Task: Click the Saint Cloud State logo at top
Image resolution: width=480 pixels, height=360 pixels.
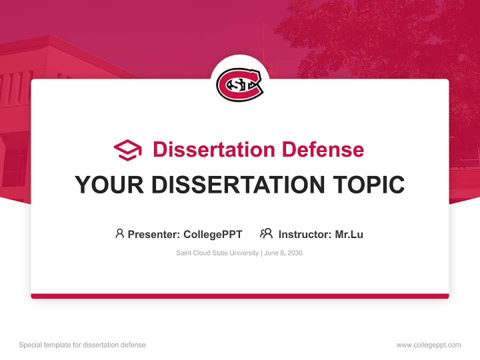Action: pos(239,84)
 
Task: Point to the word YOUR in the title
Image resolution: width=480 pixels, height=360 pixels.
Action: pos(108,184)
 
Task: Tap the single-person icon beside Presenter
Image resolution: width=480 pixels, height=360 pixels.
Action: pos(119,233)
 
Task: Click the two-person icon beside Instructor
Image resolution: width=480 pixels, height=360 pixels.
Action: pos(266,233)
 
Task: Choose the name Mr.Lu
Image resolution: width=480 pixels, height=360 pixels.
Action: pos(349,234)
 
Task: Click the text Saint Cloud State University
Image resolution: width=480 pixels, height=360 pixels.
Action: pos(217,253)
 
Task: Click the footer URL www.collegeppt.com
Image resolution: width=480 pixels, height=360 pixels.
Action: pos(428,345)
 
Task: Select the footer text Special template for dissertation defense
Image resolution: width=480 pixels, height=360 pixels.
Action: pos(82,345)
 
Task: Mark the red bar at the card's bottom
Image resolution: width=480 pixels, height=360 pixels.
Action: pos(240,296)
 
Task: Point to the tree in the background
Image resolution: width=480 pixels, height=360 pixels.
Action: pos(380,40)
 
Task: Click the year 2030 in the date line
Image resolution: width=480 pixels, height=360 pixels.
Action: pos(294,253)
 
